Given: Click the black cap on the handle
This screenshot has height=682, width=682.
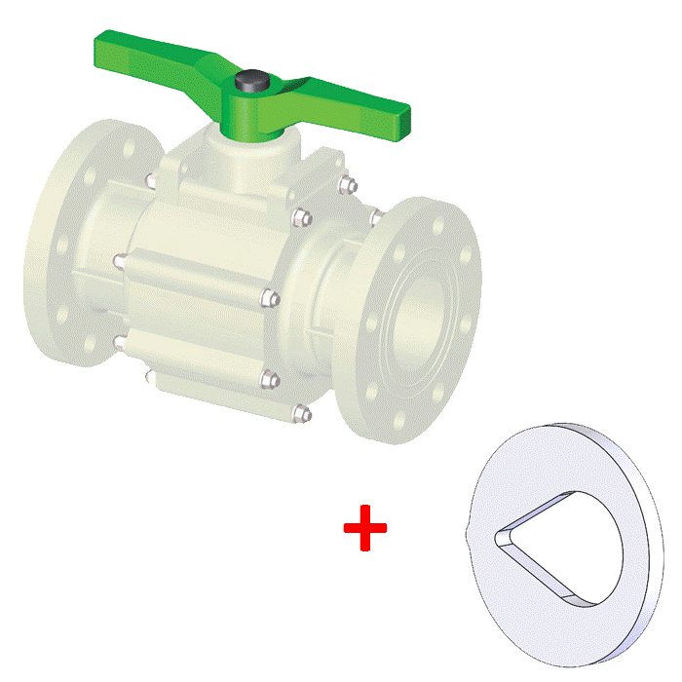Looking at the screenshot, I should pyautogui.click(x=256, y=81).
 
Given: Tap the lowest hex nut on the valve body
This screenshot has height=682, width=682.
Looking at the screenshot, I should pyautogui.click(x=303, y=416).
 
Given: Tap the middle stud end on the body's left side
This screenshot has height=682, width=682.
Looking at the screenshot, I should pyautogui.click(x=119, y=261).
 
